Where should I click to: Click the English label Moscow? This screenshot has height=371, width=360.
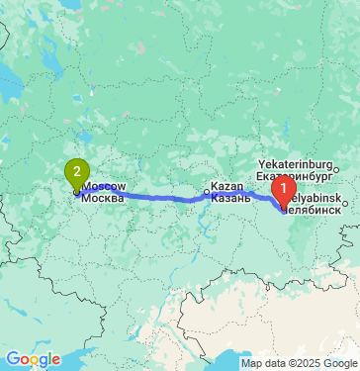104,186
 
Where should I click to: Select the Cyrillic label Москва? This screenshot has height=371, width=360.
104,197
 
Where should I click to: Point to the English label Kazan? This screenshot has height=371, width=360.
227,187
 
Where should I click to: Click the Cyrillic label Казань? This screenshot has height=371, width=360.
232,198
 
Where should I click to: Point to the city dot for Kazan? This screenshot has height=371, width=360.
207,193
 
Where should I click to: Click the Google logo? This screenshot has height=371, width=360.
33,358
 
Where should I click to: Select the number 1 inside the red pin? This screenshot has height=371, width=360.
283,184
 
